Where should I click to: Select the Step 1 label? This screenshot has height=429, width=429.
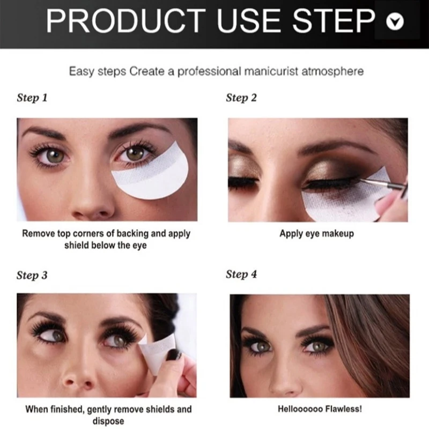coord(32,98)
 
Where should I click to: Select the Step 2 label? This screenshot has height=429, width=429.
coord(241,98)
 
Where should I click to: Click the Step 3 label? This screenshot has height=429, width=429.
coord(32,276)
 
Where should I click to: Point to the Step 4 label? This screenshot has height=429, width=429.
coord(241,275)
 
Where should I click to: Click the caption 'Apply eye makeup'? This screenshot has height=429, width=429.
coord(316,234)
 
